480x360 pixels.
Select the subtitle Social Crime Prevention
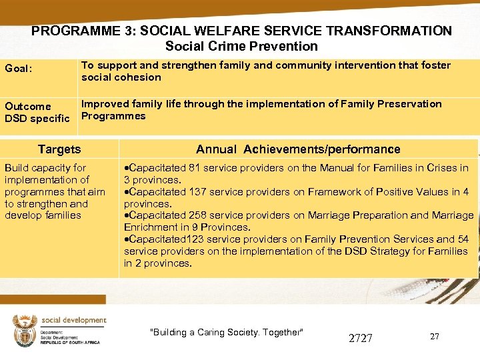click(241, 46)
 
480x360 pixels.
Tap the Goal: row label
click(19, 67)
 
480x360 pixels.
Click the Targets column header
click(59, 149)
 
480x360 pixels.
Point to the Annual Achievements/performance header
click(298, 149)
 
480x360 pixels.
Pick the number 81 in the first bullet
click(194, 168)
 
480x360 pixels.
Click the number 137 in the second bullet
click(197, 192)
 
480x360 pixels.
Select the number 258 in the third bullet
click(197, 215)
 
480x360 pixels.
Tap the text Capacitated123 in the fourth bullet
click(161, 239)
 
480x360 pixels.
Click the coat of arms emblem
click(25, 330)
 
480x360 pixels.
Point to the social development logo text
click(73, 320)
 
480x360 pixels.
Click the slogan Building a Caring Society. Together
click(227, 333)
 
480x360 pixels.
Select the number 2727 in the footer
click(361, 338)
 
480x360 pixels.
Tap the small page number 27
click(434, 337)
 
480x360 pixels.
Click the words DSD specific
click(37, 119)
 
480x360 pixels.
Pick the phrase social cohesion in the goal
click(121, 77)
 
